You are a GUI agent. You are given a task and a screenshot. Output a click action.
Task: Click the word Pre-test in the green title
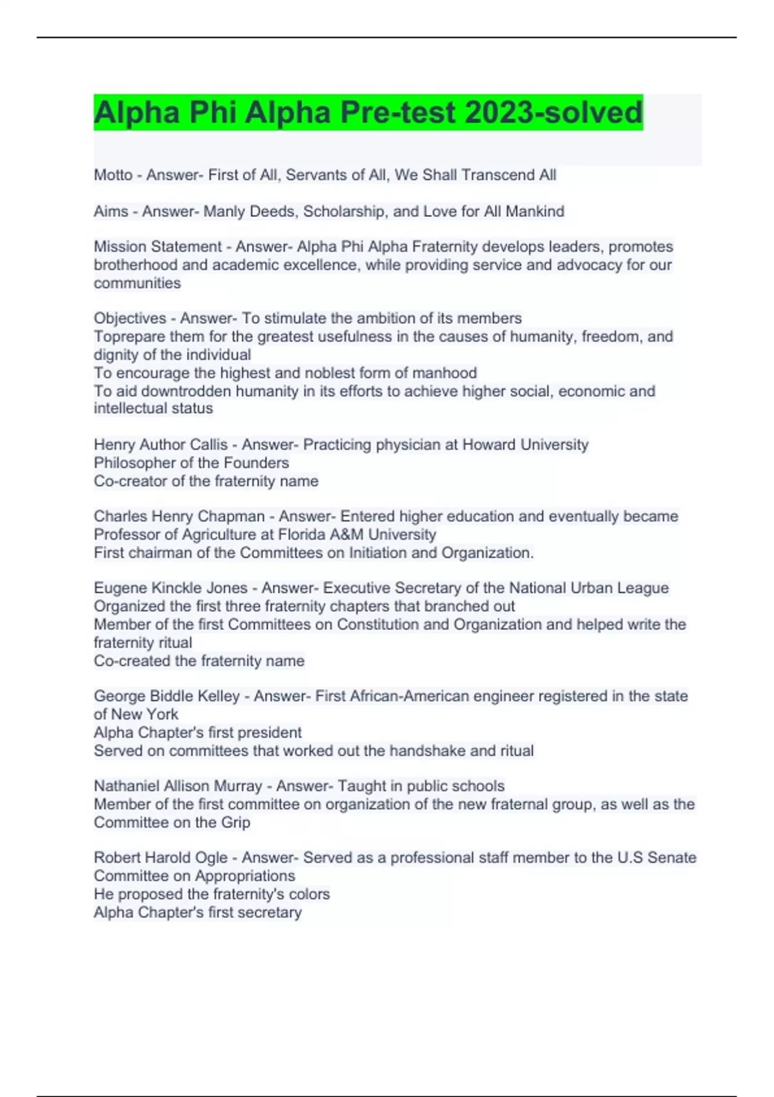397,113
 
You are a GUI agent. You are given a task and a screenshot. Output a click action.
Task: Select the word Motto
113,175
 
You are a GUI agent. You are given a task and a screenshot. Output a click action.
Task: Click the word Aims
111,211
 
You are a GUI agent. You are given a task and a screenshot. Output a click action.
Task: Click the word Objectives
130,318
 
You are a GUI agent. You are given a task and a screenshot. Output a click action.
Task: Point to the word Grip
235,822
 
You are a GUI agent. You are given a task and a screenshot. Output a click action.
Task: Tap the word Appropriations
245,876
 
